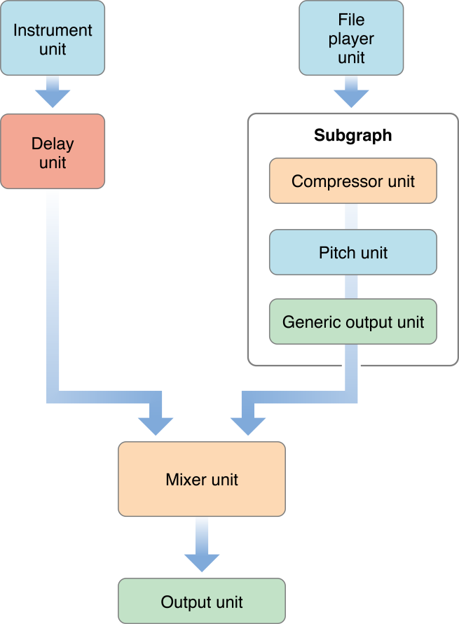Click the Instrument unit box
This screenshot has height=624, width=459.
pos(53,39)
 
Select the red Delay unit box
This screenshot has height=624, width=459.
pos(53,152)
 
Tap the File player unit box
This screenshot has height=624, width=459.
pos(351,39)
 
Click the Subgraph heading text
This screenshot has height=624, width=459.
pos(352,135)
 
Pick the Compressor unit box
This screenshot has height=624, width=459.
pos(352,181)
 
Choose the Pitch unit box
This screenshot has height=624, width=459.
pos(352,252)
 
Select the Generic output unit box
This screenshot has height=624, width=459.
pos(352,322)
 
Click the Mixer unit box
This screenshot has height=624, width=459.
pos(202,479)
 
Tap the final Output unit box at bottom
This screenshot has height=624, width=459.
pos(202,602)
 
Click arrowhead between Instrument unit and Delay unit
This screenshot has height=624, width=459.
pos(53,98)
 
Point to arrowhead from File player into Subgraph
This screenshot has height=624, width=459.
pos(351,98)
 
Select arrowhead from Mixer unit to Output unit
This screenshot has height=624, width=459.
pos(202,561)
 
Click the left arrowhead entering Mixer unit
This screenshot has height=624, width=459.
pos(156,424)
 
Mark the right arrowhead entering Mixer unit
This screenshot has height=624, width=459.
pos(248,424)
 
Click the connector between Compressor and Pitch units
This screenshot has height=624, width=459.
pos(352,216)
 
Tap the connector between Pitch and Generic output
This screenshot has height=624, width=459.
pos(352,287)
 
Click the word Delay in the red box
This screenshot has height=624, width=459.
pos(53,144)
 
